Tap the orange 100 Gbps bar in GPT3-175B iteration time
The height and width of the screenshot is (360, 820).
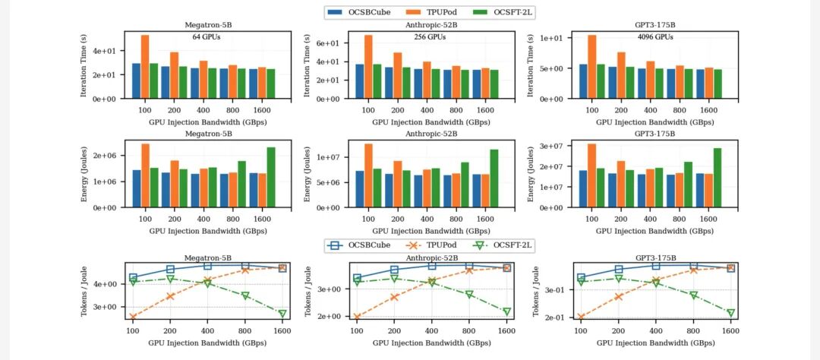point(592,67)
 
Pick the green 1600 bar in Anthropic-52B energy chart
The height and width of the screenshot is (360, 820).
point(495,178)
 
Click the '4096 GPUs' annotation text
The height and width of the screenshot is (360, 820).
point(654,36)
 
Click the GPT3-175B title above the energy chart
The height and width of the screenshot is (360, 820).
point(654,134)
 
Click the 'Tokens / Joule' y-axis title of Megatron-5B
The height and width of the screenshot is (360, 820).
point(85,292)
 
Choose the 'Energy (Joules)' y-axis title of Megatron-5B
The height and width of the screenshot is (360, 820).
point(85,174)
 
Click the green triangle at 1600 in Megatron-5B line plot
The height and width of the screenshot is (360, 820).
point(282,314)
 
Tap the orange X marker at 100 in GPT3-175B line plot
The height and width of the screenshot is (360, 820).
point(581,317)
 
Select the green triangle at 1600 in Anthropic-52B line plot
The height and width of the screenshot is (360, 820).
point(506,311)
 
